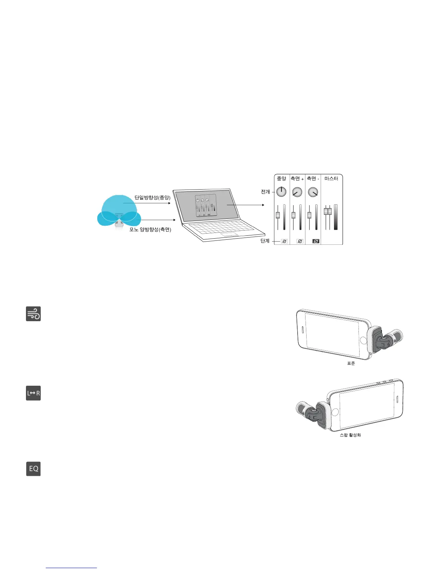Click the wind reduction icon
(x=33, y=314)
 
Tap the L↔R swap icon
(x=33, y=393)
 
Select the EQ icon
(x=33, y=469)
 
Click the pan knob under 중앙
(x=281, y=192)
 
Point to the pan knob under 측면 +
(x=297, y=192)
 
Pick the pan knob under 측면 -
(x=313, y=192)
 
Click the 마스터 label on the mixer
(x=331, y=179)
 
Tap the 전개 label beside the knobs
(x=266, y=192)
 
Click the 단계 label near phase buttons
(x=265, y=241)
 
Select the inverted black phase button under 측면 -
(x=316, y=241)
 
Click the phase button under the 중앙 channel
(x=284, y=241)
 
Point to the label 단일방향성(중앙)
(x=152, y=198)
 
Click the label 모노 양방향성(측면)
(x=150, y=230)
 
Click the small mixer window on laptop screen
(x=206, y=205)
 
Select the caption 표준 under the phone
(x=351, y=364)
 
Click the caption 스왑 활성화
(x=350, y=435)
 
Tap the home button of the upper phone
(x=363, y=340)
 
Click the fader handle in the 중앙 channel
(x=278, y=215)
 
